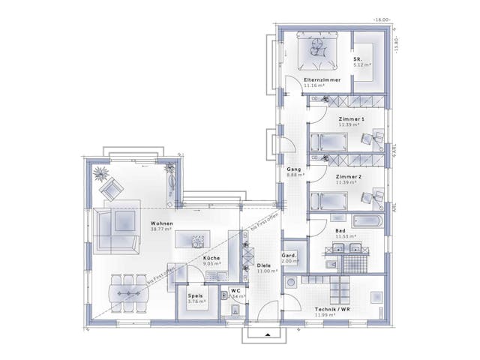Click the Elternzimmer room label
(322, 79)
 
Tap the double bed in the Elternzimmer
(318, 50)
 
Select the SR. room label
(358, 58)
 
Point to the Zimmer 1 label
(351, 119)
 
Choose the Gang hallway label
(293, 169)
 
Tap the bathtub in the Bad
(366, 221)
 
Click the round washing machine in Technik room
(290, 283)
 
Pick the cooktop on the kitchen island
(197, 241)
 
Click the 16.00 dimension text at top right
(383, 19)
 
